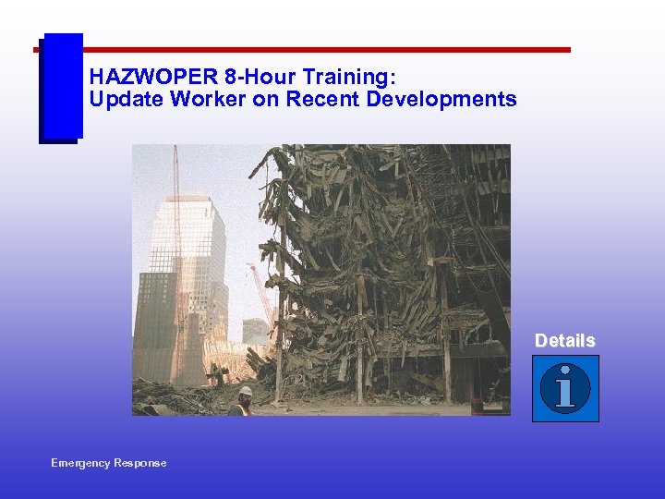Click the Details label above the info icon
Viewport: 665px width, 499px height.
(x=564, y=341)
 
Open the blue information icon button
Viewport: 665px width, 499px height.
(x=565, y=389)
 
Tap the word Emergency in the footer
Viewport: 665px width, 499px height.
(x=80, y=463)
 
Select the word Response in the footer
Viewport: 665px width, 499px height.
(x=139, y=463)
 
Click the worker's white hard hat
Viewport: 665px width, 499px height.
(x=246, y=392)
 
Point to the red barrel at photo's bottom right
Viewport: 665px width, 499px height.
(x=477, y=406)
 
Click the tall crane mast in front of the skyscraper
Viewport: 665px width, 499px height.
(x=176, y=240)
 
